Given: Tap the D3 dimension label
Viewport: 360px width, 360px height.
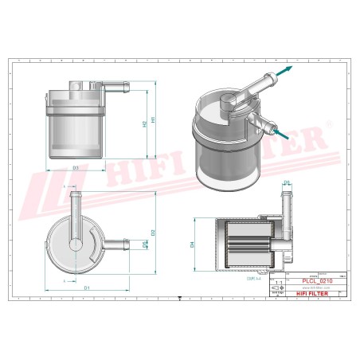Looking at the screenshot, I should [x=75, y=168].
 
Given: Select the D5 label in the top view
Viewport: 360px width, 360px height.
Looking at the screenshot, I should [x=143, y=246].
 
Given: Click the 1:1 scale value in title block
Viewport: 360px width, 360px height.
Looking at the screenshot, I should [x=277, y=282].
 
